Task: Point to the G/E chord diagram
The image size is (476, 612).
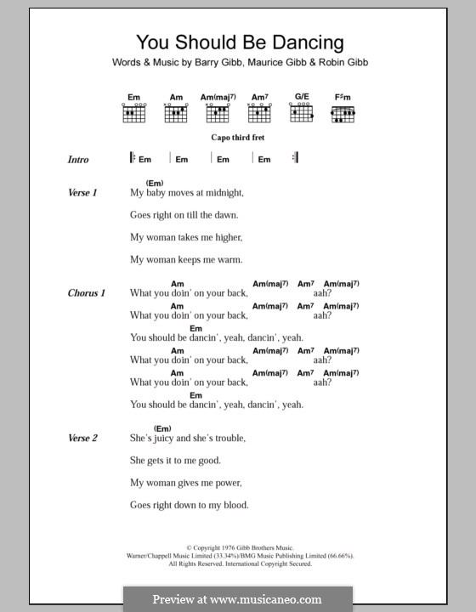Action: coord(301,111)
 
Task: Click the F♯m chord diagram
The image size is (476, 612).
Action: coord(343,111)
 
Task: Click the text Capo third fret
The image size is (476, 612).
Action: coord(238,137)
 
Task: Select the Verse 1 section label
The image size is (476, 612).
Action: coord(82,193)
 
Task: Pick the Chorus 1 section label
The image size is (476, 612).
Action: coord(86,293)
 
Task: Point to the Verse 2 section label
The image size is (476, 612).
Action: coord(82,438)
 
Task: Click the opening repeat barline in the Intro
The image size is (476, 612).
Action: coord(133,158)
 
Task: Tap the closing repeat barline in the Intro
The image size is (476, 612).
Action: coord(295,158)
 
